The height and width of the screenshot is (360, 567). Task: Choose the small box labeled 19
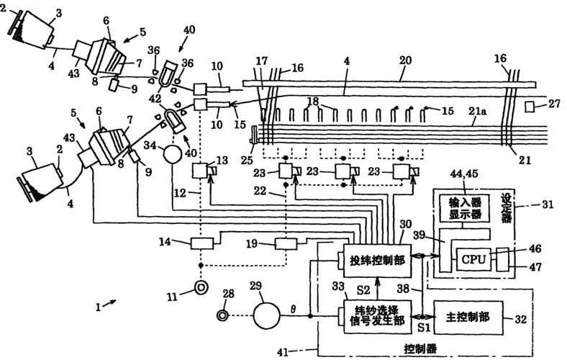[x=287, y=243]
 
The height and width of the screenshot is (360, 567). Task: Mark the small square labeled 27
[x=531, y=107]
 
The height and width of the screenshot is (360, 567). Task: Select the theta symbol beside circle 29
[x=292, y=308]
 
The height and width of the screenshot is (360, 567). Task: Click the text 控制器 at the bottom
[x=419, y=349]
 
